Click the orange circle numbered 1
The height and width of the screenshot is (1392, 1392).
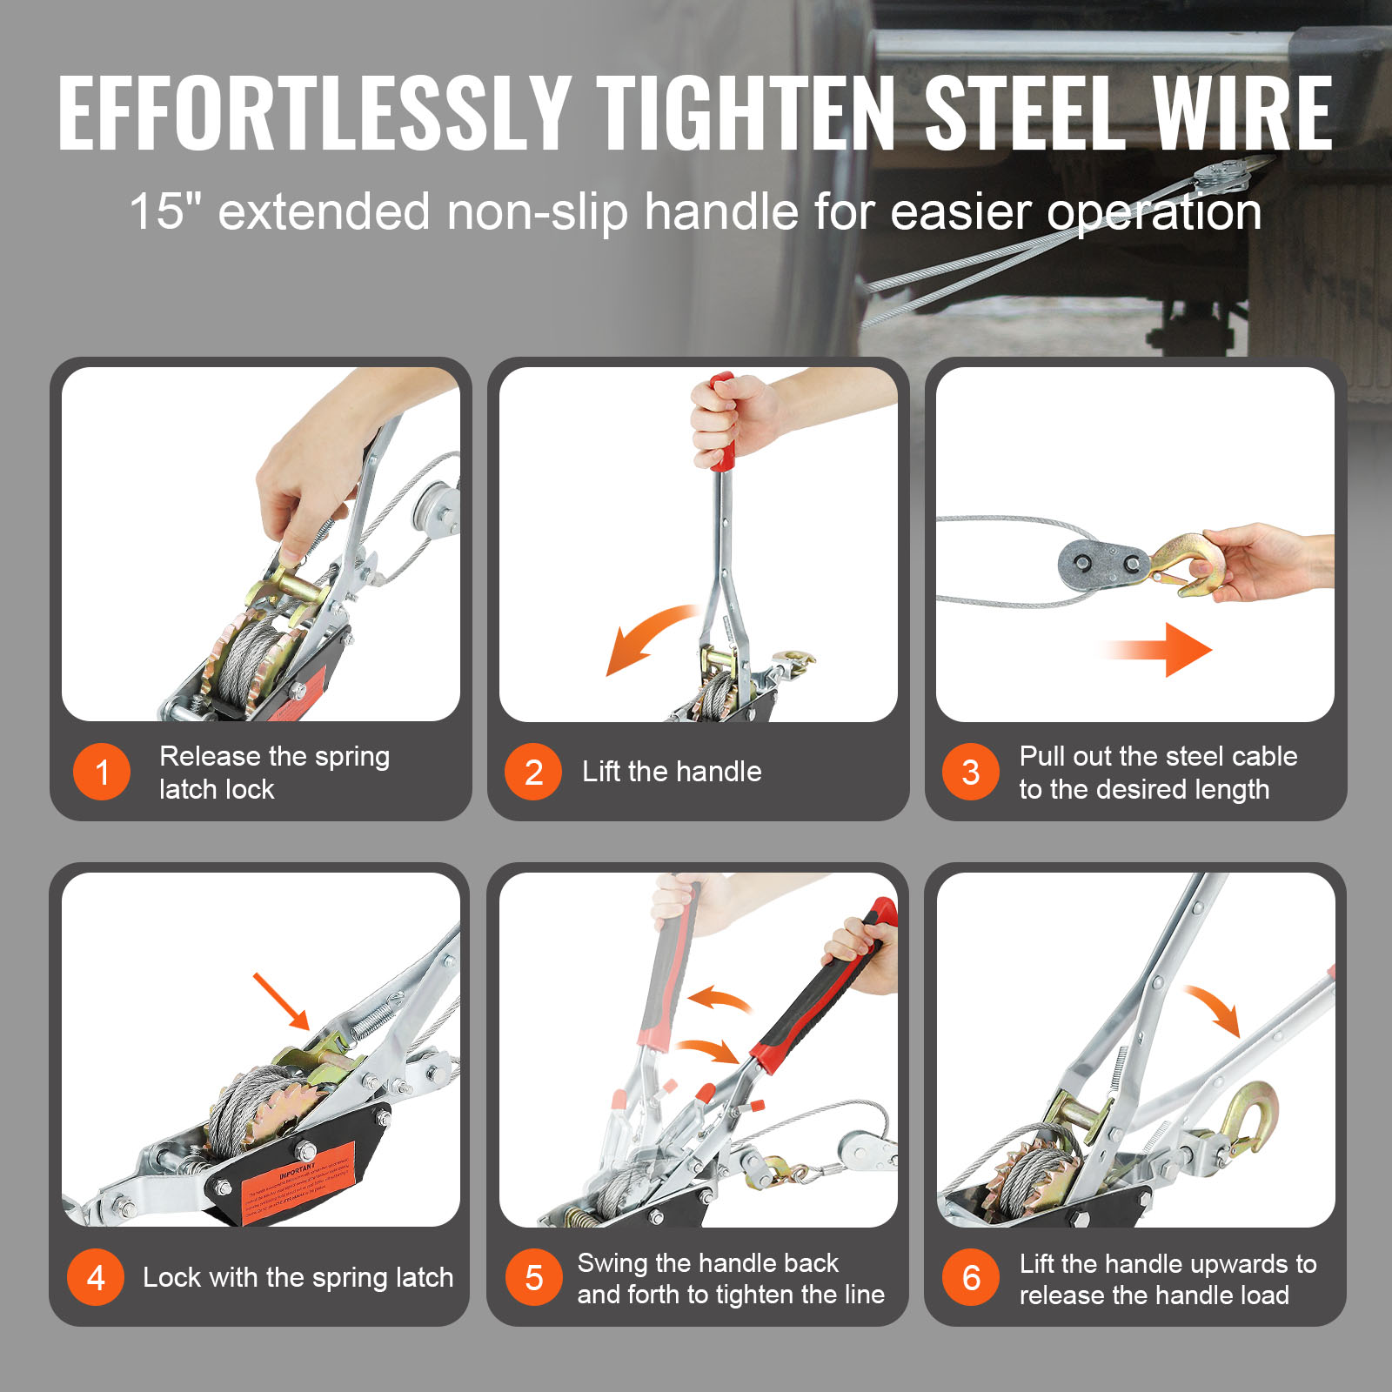(x=102, y=772)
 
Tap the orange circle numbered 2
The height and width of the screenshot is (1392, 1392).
(x=533, y=772)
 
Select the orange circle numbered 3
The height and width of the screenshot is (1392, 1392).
(x=971, y=772)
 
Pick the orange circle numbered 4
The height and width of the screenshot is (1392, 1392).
(x=96, y=1277)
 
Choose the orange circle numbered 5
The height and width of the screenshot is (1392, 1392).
(x=533, y=1277)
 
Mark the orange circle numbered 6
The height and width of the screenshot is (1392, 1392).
(x=971, y=1277)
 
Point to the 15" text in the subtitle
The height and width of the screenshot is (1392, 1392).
(x=164, y=211)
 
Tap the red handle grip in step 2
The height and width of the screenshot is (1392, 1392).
(x=721, y=422)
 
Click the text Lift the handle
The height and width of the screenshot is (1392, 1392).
(x=672, y=772)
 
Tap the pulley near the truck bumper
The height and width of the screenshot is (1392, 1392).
(x=1221, y=180)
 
